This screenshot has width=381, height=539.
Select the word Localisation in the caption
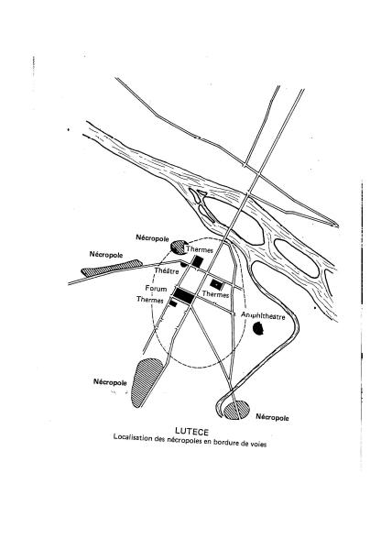click(x=133, y=437)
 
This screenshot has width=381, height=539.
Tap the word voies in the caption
click(x=258, y=444)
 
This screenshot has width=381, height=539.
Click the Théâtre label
click(x=167, y=271)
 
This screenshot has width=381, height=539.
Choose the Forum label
click(x=156, y=289)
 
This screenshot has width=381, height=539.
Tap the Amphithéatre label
click(x=263, y=315)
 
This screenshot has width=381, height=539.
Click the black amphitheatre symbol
click(x=258, y=328)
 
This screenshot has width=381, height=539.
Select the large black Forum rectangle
click(x=183, y=296)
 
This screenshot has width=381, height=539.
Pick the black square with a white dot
click(x=216, y=284)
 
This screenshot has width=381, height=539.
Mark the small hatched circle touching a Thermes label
click(x=179, y=247)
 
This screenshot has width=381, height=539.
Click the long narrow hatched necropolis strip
click(x=112, y=268)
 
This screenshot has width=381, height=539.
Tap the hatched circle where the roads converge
click(x=236, y=410)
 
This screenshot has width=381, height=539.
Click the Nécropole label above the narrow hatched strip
click(x=106, y=255)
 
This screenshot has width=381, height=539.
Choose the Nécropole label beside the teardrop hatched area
click(x=110, y=382)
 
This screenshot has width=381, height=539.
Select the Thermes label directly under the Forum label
click(x=150, y=300)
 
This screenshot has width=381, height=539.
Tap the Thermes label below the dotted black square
click(x=215, y=294)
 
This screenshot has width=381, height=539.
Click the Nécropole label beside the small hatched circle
click(x=152, y=238)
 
